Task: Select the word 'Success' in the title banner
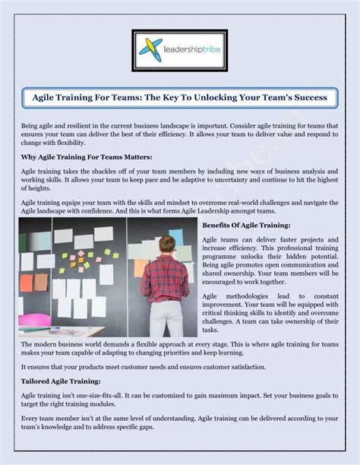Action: (310, 97)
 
